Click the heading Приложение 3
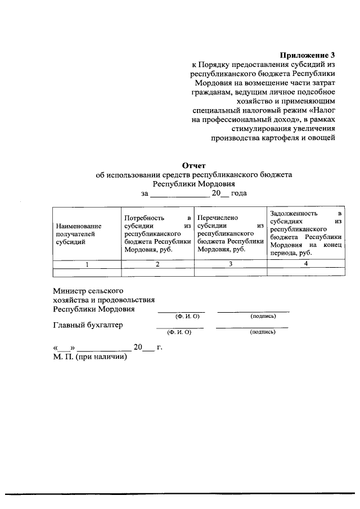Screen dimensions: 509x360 [x=307, y=55]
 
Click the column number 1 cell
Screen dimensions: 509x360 [x=87, y=264]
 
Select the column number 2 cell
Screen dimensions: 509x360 [x=157, y=264]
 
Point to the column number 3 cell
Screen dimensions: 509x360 [x=230, y=264]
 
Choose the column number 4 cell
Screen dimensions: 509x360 [x=306, y=264]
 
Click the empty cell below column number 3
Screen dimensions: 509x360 [x=230, y=272]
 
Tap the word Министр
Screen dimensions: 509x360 [x=70, y=291]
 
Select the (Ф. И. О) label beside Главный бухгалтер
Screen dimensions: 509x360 [x=180, y=332]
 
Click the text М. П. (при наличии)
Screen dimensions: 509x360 [x=90, y=356]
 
